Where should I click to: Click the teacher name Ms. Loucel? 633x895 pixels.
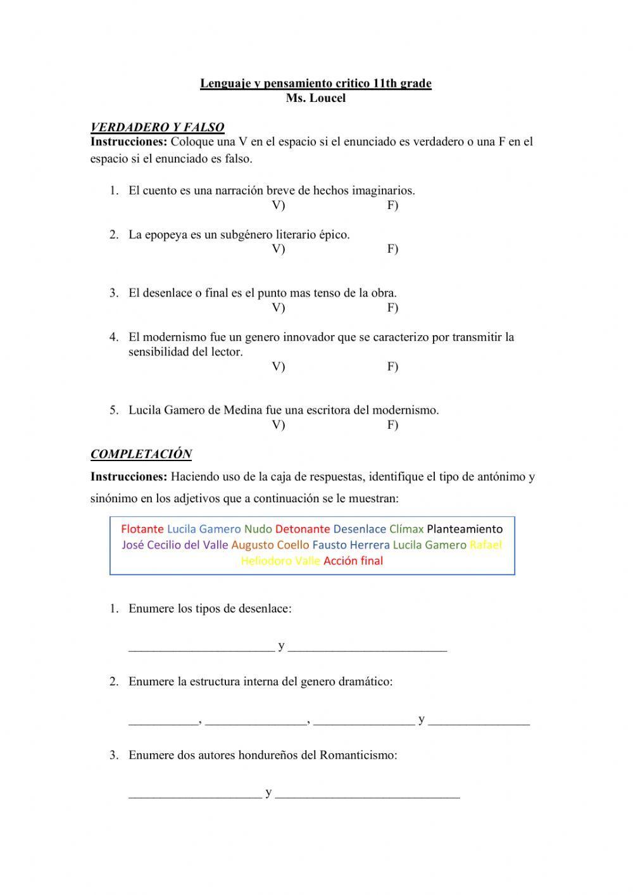315,99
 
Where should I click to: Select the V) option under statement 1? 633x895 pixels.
279,205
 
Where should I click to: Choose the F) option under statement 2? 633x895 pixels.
392,248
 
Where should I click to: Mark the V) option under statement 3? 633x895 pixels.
279,307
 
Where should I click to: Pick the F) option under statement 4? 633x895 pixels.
392,366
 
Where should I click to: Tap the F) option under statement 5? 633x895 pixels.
392,424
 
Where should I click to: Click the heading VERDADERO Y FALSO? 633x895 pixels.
157,127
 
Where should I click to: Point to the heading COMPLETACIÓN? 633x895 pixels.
141,454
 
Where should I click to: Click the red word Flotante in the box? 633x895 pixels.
142,529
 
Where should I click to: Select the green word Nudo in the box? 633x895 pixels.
258,529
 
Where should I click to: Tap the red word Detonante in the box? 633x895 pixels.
303,529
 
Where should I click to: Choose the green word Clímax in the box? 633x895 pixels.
406,529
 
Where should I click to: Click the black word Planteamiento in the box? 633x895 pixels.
465,529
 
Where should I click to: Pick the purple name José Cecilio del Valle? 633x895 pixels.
175,545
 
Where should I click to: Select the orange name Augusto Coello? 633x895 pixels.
270,545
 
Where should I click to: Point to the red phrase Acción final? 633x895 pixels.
353,561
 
